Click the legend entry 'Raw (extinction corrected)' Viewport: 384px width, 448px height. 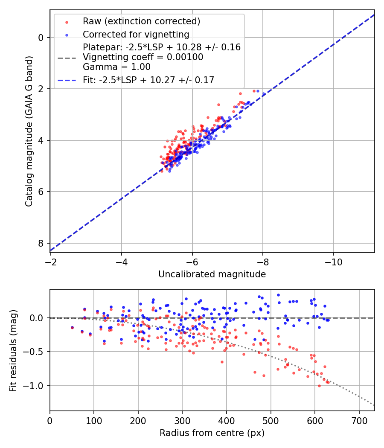point(141,21)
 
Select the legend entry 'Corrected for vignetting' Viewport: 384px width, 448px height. point(136,34)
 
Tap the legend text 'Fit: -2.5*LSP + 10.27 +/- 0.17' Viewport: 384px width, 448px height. point(148,80)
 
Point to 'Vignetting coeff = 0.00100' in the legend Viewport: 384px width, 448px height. point(143,57)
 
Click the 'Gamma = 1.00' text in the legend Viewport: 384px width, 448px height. point(116,67)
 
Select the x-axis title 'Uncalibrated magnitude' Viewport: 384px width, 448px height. point(212,274)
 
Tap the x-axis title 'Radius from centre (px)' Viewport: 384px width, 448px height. point(212,433)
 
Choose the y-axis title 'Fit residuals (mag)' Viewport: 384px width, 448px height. point(13,350)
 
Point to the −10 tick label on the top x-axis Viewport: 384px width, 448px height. point(333,262)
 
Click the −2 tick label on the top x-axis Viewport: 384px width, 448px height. point(50,262)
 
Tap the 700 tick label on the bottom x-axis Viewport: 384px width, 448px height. point(359,420)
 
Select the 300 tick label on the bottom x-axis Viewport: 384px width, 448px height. point(182,420)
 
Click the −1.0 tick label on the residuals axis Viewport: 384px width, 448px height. point(35,386)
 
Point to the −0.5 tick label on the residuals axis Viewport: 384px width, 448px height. point(35,352)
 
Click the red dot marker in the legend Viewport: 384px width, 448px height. point(67,21)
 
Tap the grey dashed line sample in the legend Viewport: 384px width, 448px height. point(67,57)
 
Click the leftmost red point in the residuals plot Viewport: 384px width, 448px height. point(72,328)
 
